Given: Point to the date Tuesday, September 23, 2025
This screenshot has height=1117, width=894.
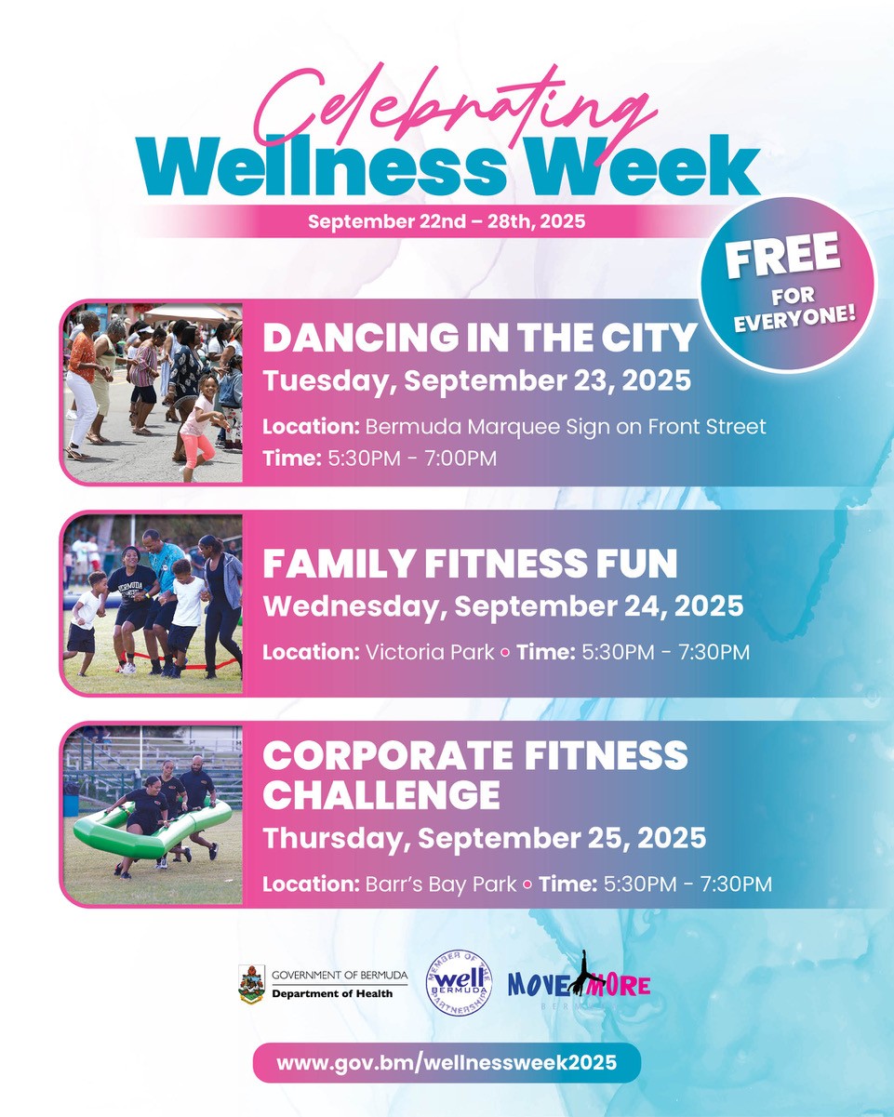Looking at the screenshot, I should click(x=477, y=381).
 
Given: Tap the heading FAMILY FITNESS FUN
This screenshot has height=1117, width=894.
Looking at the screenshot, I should click(x=470, y=564).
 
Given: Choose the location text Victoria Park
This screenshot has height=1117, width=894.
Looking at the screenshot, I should click(x=429, y=652).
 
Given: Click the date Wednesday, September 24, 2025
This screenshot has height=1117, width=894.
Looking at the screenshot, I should click(x=503, y=606).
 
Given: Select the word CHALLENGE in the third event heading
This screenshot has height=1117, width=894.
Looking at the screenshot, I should click(x=381, y=796).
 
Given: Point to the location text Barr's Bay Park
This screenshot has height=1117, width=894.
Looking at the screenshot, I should click(x=440, y=883).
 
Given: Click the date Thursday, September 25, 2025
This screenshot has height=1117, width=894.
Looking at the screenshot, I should click(x=485, y=838).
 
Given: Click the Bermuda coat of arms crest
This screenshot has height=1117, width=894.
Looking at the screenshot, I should click(x=251, y=984).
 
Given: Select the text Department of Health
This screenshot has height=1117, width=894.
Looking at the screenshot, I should click(x=332, y=993).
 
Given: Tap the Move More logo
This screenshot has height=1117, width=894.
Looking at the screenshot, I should click(x=580, y=984).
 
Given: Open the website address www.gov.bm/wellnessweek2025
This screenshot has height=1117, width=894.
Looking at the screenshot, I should click(x=447, y=1062).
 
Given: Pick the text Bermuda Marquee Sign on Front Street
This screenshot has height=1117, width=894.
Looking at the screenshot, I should click(x=566, y=427).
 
